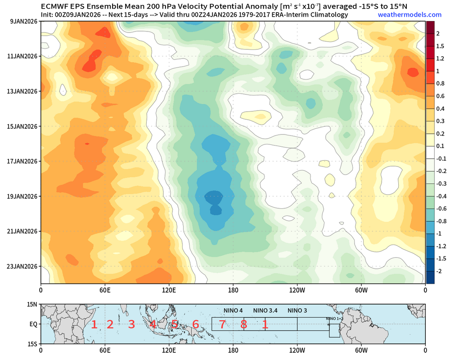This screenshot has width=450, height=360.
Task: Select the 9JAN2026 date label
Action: [21, 21]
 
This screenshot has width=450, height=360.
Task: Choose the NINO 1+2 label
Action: [334, 319]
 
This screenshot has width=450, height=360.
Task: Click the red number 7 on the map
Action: [222, 324]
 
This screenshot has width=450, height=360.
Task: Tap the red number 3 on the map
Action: [131, 324]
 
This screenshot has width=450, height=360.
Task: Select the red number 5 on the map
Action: [175, 324]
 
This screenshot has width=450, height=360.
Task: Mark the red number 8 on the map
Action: [243, 324]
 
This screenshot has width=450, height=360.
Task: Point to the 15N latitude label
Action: [31, 305]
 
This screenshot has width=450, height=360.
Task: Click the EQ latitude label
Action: [33, 324]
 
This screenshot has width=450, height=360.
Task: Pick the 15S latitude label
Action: [31, 343]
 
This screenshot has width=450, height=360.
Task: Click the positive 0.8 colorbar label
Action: [440, 83]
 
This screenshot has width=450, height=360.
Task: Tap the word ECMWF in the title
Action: [55, 7]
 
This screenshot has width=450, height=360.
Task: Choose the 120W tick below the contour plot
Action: [297, 291]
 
